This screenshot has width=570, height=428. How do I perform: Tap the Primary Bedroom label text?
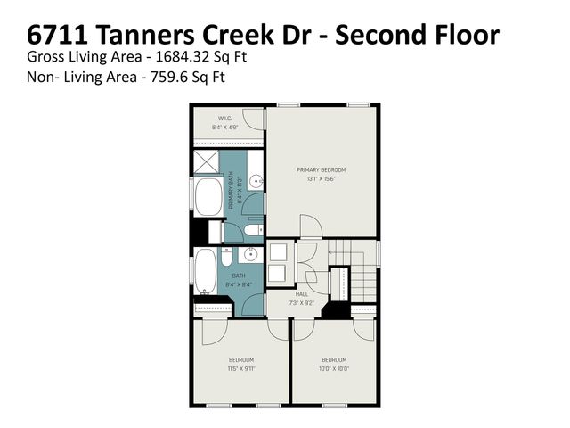(x=321, y=169)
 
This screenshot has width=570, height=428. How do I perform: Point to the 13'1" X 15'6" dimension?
(x=321, y=178)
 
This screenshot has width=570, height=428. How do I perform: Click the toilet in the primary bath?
(x=252, y=231)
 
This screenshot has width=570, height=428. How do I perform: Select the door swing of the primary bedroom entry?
(x=308, y=226)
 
